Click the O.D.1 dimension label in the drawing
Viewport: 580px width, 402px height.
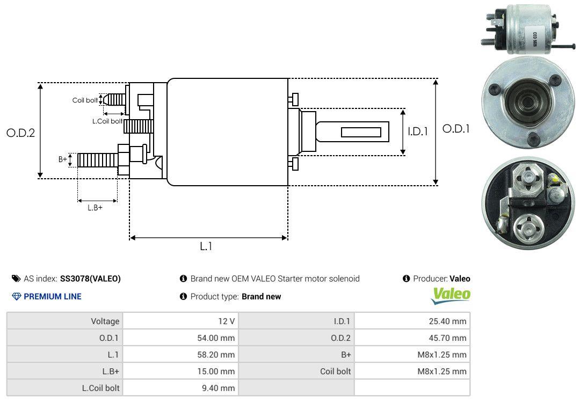coord(456,129)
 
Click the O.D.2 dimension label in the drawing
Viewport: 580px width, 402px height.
coord(21,133)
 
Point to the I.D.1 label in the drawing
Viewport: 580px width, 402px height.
coord(418,131)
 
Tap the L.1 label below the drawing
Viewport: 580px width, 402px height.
coord(206,246)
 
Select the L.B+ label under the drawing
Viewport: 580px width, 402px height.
coord(95,208)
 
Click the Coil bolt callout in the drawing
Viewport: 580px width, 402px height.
coord(85,100)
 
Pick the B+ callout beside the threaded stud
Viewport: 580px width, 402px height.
coord(62,159)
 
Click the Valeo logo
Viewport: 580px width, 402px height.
coord(451,296)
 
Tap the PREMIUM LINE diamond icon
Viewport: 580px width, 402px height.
coord(17,296)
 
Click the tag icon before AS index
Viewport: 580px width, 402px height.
coord(16,279)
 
